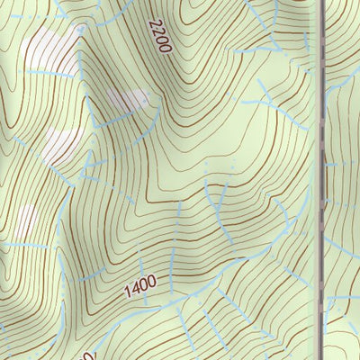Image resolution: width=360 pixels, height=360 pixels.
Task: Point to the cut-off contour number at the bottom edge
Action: point(87,354)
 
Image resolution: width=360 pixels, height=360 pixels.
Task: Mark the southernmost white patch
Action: point(26,220)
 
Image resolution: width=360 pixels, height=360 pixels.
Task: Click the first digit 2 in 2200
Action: point(154,23)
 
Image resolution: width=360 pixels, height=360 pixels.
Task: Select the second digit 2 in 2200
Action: point(157,31)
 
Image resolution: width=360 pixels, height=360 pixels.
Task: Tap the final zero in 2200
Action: point(166,48)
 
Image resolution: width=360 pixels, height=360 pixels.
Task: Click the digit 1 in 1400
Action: point(127,293)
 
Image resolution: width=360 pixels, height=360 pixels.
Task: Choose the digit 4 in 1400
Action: point(135,290)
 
